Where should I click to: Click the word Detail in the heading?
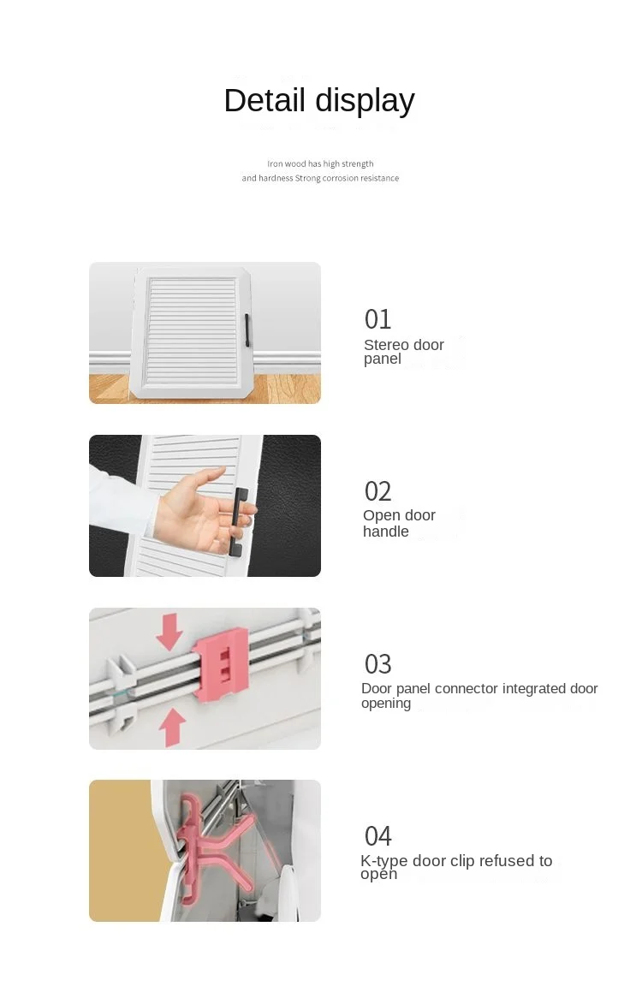pos(265,100)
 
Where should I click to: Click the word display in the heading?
pos(365,101)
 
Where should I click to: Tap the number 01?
pos(377,319)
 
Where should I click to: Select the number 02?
pos(377,491)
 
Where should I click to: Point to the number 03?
pos(377,664)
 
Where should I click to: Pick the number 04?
pos(377,836)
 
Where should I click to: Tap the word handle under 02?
pos(386,532)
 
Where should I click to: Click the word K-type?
pos(384,861)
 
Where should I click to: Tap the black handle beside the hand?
pos(238,523)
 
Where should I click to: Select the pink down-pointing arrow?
pos(169,631)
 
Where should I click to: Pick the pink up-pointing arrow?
pos(171,728)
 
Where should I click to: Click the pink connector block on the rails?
pos(219,665)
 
